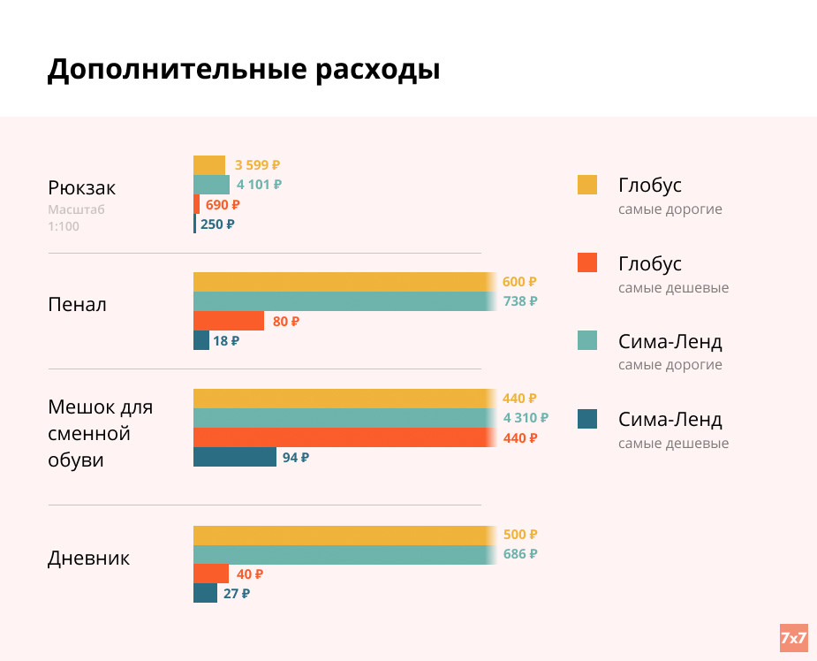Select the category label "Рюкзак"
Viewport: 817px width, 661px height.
point(81,188)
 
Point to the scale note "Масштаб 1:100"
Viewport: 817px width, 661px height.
point(76,218)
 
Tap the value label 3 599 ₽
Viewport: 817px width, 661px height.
point(257,165)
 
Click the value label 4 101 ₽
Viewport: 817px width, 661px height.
point(259,185)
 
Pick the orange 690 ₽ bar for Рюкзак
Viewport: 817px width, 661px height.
point(196,204)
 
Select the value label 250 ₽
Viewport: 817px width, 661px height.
point(217,224)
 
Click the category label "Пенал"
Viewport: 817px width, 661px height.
point(77,305)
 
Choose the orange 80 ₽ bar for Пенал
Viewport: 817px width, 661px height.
point(228,321)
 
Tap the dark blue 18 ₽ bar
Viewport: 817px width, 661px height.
point(201,340)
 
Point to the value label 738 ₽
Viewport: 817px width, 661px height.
point(519,301)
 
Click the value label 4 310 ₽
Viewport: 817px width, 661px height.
point(525,418)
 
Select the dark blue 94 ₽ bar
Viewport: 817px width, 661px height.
point(234,457)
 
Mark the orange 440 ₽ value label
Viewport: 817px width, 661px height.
point(519,438)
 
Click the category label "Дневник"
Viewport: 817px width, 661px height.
point(88,558)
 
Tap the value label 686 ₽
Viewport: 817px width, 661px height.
point(519,554)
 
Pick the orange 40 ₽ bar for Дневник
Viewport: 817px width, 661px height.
point(210,574)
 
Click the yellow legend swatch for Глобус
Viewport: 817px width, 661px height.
point(586,185)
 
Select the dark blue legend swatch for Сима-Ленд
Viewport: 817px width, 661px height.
point(586,419)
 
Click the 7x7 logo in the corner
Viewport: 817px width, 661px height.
point(793,637)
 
